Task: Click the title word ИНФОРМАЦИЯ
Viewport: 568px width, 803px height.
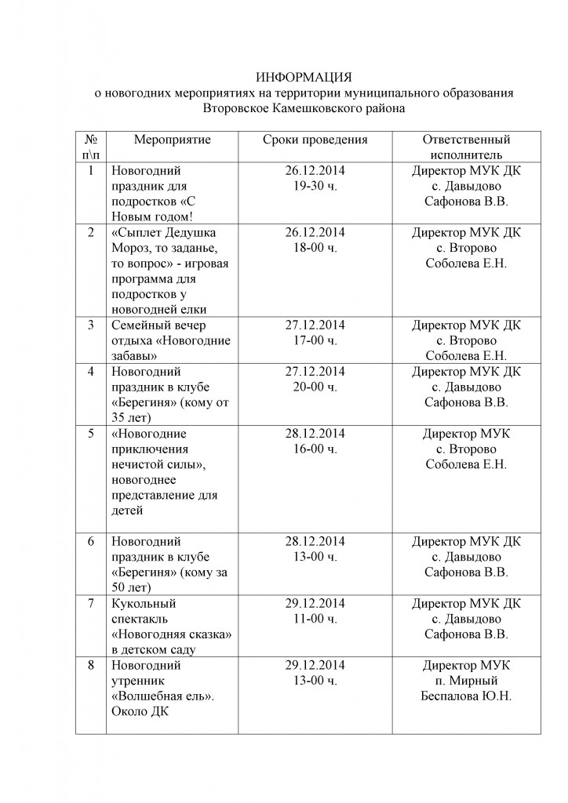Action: pos(304,77)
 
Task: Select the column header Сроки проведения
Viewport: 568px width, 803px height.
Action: pos(315,140)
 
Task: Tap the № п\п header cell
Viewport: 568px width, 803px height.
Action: pos(91,147)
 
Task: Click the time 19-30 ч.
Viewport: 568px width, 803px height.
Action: pos(315,186)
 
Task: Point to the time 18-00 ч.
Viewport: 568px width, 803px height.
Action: pos(315,248)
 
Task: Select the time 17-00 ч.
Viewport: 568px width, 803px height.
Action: pos(315,340)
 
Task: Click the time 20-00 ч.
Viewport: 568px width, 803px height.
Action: pos(315,387)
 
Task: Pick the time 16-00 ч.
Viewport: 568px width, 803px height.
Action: pos(315,449)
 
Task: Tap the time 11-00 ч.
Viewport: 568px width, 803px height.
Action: pos(315,619)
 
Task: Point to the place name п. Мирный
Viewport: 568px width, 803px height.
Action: pos(466,681)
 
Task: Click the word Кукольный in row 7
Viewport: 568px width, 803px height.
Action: pos(144,603)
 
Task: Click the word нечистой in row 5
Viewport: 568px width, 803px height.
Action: pos(140,464)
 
